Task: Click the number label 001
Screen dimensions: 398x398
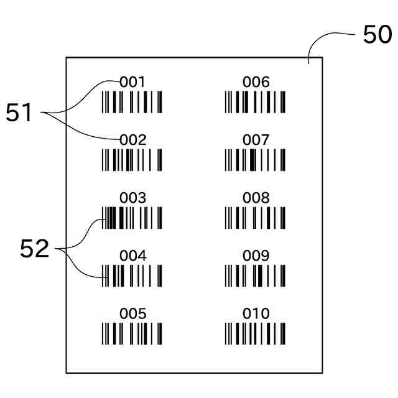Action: (x=132, y=81)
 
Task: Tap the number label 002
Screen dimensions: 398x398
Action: (x=132, y=140)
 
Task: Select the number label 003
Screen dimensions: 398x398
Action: (x=132, y=198)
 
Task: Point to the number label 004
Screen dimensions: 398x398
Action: (x=132, y=256)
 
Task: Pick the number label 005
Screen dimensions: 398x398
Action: (x=132, y=313)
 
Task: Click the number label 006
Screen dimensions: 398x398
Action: (x=256, y=81)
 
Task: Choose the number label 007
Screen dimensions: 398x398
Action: (x=256, y=140)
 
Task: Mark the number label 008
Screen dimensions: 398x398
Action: (x=256, y=198)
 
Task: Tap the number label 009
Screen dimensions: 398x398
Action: (x=256, y=256)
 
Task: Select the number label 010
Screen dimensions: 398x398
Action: (x=256, y=313)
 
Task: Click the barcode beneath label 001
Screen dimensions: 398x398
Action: (x=132, y=102)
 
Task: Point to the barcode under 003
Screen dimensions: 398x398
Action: (x=132, y=218)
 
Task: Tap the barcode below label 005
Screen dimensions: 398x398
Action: (x=132, y=334)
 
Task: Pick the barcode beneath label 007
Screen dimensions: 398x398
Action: (x=256, y=160)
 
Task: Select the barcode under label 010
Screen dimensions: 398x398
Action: (x=256, y=334)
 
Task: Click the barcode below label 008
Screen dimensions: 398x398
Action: (x=256, y=218)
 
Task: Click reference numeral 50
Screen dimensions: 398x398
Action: (x=377, y=35)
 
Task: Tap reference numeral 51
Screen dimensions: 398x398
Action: (x=19, y=113)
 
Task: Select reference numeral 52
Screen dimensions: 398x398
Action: (x=34, y=249)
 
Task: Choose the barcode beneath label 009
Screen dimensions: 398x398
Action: (x=256, y=275)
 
